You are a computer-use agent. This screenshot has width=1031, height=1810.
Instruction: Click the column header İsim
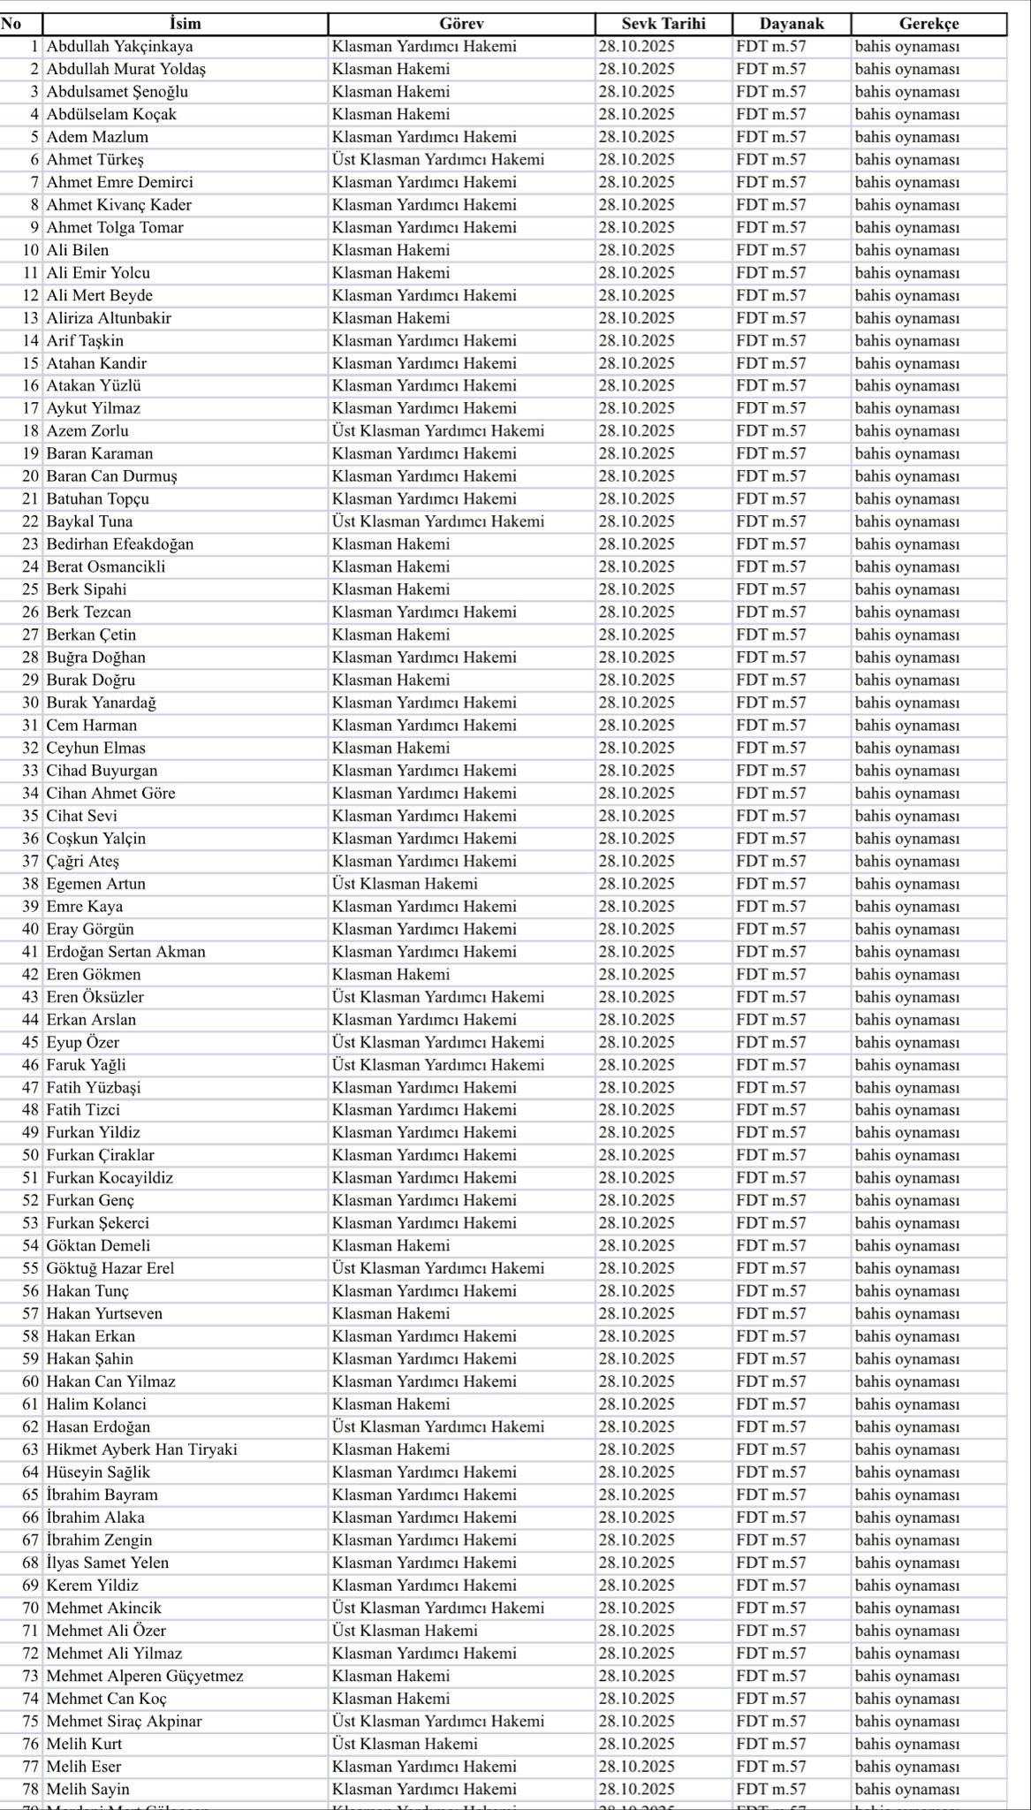pos(185,24)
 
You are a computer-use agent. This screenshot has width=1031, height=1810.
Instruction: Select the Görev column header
pos(460,24)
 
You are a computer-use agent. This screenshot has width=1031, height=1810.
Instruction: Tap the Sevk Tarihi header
pos(663,24)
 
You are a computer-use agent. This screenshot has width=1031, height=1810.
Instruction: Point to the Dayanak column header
pos(791,24)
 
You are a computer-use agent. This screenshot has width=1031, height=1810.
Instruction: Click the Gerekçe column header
pos(929,24)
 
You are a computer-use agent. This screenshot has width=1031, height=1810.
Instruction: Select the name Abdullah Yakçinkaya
pos(119,46)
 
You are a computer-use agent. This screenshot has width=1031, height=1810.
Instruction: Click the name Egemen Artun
pos(95,884)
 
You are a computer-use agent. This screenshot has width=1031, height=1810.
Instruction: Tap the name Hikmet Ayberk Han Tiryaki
pos(141,1449)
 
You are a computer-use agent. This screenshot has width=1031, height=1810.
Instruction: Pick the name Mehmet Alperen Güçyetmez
pos(145,1676)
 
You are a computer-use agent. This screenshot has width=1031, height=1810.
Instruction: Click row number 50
pos(31,1155)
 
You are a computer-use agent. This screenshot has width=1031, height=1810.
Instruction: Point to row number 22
pos(31,521)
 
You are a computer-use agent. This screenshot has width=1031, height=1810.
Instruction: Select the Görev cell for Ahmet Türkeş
pos(438,159)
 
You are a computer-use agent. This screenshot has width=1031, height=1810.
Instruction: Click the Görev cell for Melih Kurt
pos(405,1744)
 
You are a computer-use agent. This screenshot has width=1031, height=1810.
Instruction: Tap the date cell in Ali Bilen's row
pos(636,250)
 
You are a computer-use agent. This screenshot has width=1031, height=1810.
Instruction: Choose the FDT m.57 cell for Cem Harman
pos(770,725)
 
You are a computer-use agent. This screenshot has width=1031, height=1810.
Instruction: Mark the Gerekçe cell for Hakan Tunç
pos(906,1291)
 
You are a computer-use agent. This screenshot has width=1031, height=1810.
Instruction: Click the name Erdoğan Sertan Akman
pos(125,952)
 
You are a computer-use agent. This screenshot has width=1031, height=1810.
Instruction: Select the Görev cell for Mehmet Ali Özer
pos(405,1631)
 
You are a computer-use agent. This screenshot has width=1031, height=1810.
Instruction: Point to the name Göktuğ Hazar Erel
pos(110,1268)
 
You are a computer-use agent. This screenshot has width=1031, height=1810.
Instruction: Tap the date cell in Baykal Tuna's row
pos(636,521)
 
